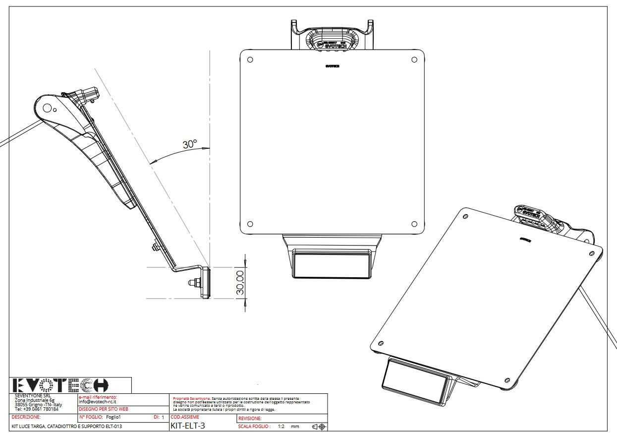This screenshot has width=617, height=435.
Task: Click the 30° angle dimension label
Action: pos(190,144)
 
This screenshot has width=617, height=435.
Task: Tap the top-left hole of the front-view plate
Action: pos(250,60)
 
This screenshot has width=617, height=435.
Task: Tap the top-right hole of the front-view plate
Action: pos(414,60)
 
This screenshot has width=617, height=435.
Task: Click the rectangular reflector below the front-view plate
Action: pos(332,264)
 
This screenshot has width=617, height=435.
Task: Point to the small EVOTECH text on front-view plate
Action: pos(332,65)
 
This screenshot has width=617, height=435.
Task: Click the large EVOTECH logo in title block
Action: pos(59,385)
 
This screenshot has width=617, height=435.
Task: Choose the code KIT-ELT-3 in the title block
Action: pos(187,426)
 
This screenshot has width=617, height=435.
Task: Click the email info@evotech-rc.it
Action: pos(97,401)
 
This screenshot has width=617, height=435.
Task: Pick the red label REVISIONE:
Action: pos(250,419)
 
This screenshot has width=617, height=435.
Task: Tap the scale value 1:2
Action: pos(280,427)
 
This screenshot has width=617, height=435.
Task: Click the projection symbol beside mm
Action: pos(318,427)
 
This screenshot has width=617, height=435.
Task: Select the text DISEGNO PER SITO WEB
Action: pos(103,409)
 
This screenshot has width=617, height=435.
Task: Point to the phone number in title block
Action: pos(37,409)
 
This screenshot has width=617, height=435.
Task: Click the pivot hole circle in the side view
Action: pos(47,107)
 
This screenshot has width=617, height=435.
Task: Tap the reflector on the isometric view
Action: pos(413,380)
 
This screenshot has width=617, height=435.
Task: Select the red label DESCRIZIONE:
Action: pos(26,418)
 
